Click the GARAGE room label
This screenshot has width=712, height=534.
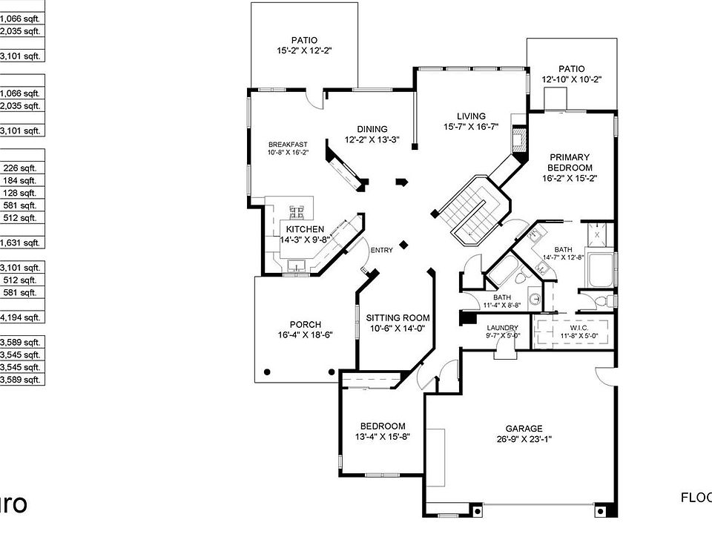pyautogui.click(x=524, y=428)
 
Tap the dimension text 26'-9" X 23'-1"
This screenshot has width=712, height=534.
pyautogui.click(x=524, y=438)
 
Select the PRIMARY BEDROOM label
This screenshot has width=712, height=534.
pyautogui.click(x=570, y=162)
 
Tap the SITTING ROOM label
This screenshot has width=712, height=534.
pyautogui.click(x=398, y=317)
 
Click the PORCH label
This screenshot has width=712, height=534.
pyautogui.click(x=305, y=324)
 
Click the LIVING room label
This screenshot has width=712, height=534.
pyautogui.click(x=471, y=116)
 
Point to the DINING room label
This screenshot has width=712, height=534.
pyautogui.click(x=372, y=129)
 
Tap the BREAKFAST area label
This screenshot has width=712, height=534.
pyautogui.click(x=288, y=145)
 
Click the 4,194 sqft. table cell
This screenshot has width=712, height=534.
pyautogui.click(x=22, y=317)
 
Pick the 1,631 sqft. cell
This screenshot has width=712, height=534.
pyautogui.click(x=22, y=243)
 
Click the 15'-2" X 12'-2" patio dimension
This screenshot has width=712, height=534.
pyautogui.click(x=303, y=51)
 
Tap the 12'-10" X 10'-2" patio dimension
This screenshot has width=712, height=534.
pyautogui.click(x=571, y=79)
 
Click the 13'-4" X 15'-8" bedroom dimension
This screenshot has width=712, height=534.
pyautogui.click(x=383, y=436)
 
